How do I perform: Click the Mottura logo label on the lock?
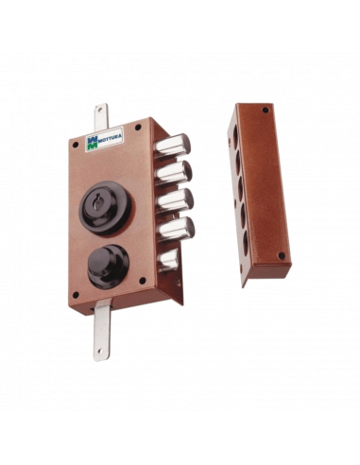(x=104, y=140)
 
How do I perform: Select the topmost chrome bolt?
(x=173, y=146)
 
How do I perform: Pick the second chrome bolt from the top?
(x=174, y=173)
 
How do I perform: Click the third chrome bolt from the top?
(x=175, y=199)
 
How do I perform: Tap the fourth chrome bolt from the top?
(x=176, y=229)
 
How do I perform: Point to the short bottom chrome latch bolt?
(x=168, y=260)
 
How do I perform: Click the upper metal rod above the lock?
(x=100, y=117)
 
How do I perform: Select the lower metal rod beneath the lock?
(x=102, y=329)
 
